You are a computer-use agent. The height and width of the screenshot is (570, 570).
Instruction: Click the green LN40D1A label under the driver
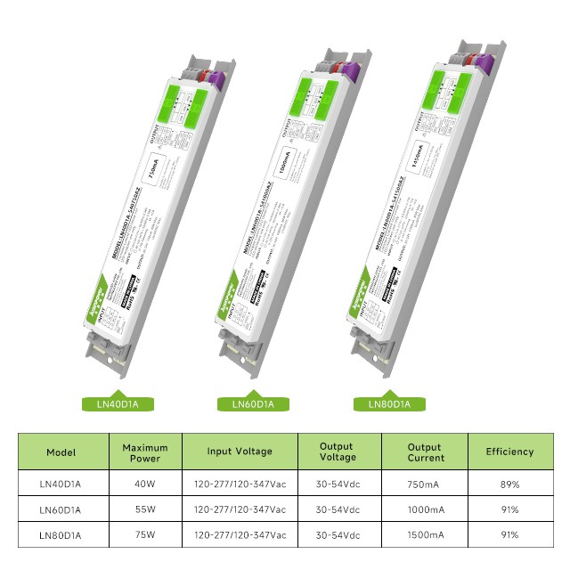click(117, 404)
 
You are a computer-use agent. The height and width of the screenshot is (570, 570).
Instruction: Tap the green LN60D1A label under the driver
click(254, 404)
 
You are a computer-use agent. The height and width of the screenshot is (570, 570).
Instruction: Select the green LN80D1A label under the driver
click(389, 404)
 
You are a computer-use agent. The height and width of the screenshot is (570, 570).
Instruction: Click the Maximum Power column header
click(145, 452)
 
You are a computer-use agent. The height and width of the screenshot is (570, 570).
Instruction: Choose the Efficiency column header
click(509, 452)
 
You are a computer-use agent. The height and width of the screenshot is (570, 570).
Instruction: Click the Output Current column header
click(425, 452)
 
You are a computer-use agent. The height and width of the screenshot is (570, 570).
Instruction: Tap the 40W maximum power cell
click(145, 484)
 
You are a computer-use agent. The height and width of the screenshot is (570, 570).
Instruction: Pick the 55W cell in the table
click(145, 509)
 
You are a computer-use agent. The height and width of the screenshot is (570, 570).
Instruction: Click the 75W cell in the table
click(145, 535)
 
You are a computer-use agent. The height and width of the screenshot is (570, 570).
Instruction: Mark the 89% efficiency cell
click(509, 484)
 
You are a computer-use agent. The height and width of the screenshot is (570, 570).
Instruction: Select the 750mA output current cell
click(425, 484)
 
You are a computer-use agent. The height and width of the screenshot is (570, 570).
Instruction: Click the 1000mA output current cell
click(425, 509)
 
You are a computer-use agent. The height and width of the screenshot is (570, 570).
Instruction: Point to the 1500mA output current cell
click(425, 535)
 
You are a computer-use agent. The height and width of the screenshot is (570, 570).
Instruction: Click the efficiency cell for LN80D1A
click(509, 535)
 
